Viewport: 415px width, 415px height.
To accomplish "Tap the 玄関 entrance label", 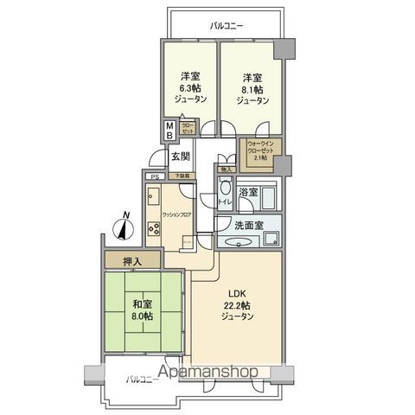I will point(181,156).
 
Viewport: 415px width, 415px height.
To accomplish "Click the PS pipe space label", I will point(154,177).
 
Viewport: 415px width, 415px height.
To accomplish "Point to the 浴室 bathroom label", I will point(247,193).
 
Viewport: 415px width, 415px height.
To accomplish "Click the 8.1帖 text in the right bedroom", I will point(251,86).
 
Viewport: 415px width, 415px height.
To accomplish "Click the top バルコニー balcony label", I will point(227,26).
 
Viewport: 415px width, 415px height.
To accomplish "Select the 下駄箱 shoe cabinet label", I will point(182,176).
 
